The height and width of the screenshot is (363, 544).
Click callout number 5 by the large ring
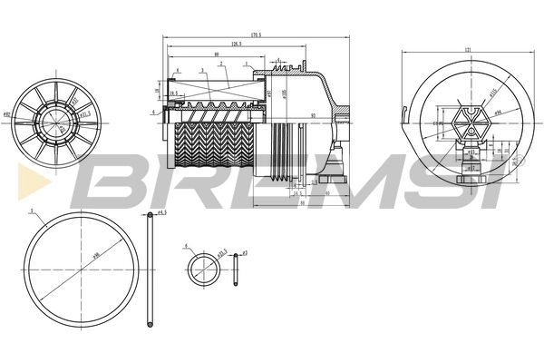tap(32, 212)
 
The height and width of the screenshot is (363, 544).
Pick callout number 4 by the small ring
tap(186, 245)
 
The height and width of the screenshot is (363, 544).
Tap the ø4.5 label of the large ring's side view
tap(162, 214)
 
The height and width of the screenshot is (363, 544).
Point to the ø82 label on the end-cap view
tap(7, 115)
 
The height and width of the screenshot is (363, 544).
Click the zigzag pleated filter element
tap(214, 145)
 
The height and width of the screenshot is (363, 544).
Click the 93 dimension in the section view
tap(312, 115)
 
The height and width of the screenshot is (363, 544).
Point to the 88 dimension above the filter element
tap(215, 54)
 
